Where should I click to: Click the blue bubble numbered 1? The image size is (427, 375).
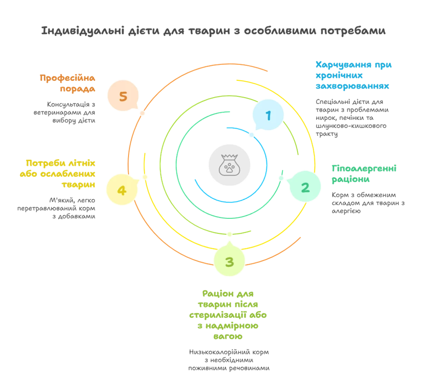point(268,115)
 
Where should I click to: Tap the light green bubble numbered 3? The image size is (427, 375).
point(229,262)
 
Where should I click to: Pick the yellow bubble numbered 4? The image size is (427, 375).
point(122,190)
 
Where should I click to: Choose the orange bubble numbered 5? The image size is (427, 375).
point(123,96)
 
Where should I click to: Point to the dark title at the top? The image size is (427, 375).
point(213,31)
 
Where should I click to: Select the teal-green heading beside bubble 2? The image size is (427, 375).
point(364,174)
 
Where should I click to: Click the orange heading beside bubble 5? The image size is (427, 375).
point(68,84)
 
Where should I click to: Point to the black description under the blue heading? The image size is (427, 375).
point(351,117)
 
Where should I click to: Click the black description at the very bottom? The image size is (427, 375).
point(229,359)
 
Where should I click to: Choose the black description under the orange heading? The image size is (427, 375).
point(66,111)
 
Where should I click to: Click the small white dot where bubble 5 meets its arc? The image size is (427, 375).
point(142,112)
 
